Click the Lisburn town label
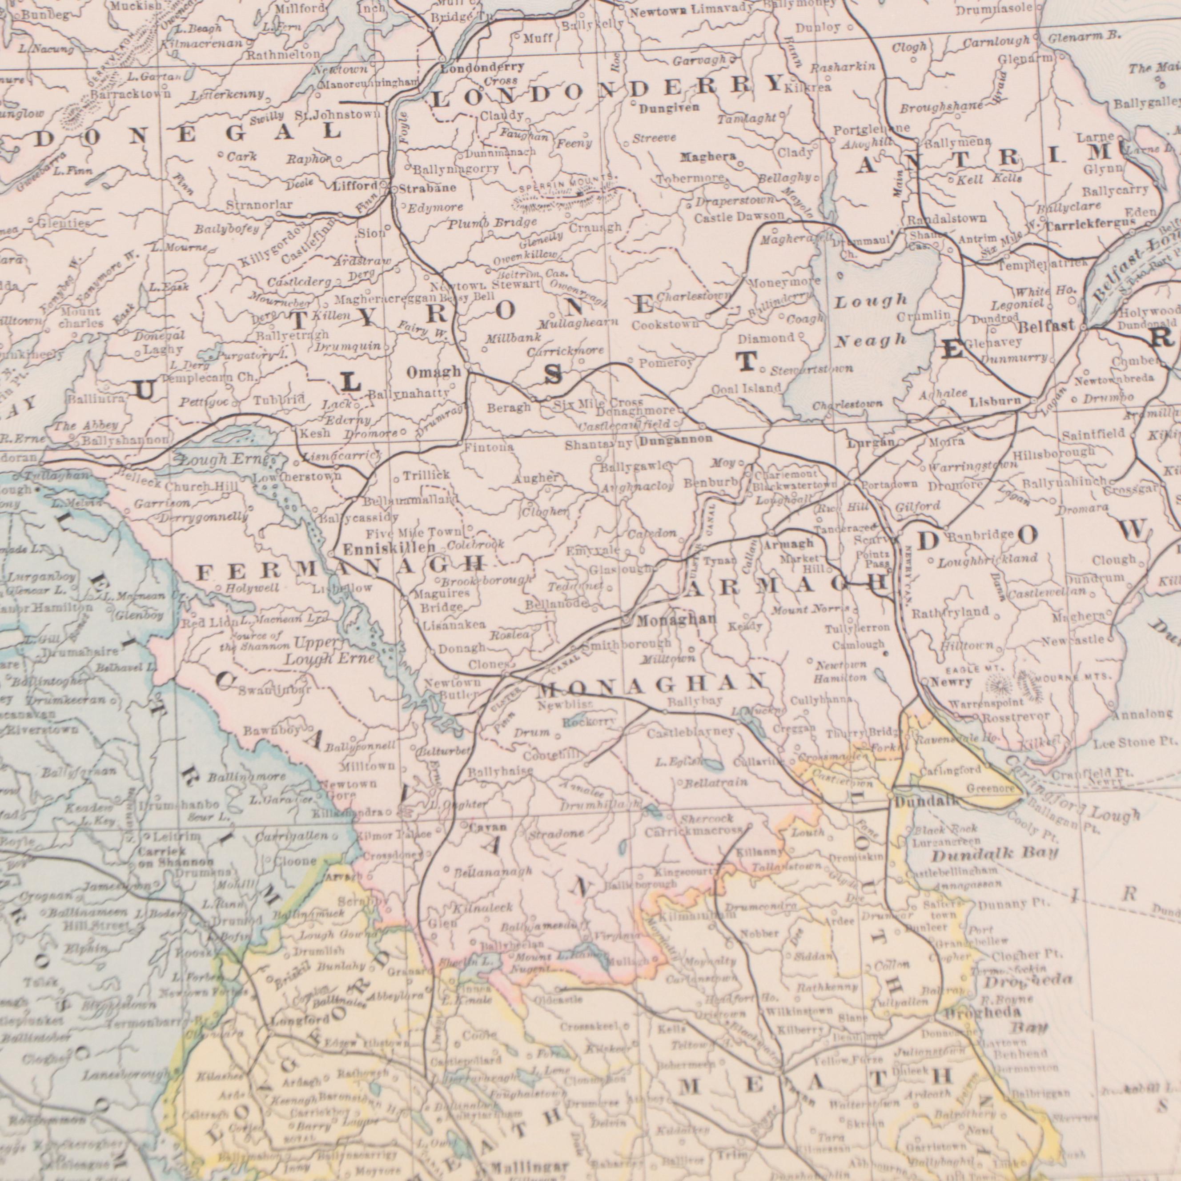[x=995, y=402]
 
